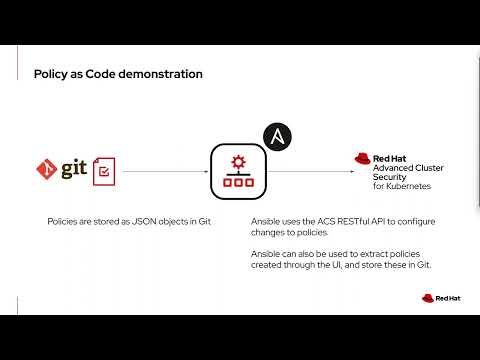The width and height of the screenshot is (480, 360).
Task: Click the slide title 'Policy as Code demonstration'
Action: (118, 74)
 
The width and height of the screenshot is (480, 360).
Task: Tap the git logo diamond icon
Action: (45, 169)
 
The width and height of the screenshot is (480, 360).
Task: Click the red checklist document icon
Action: (103, 172)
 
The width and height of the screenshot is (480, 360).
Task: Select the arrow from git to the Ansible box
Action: (164, 171)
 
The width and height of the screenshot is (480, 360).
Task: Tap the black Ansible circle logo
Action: (276, 136)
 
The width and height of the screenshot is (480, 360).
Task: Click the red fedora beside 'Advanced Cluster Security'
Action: (364, 158)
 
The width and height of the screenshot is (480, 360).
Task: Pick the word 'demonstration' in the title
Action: (160, 74)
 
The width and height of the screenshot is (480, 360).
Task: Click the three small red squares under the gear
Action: (238, 183)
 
